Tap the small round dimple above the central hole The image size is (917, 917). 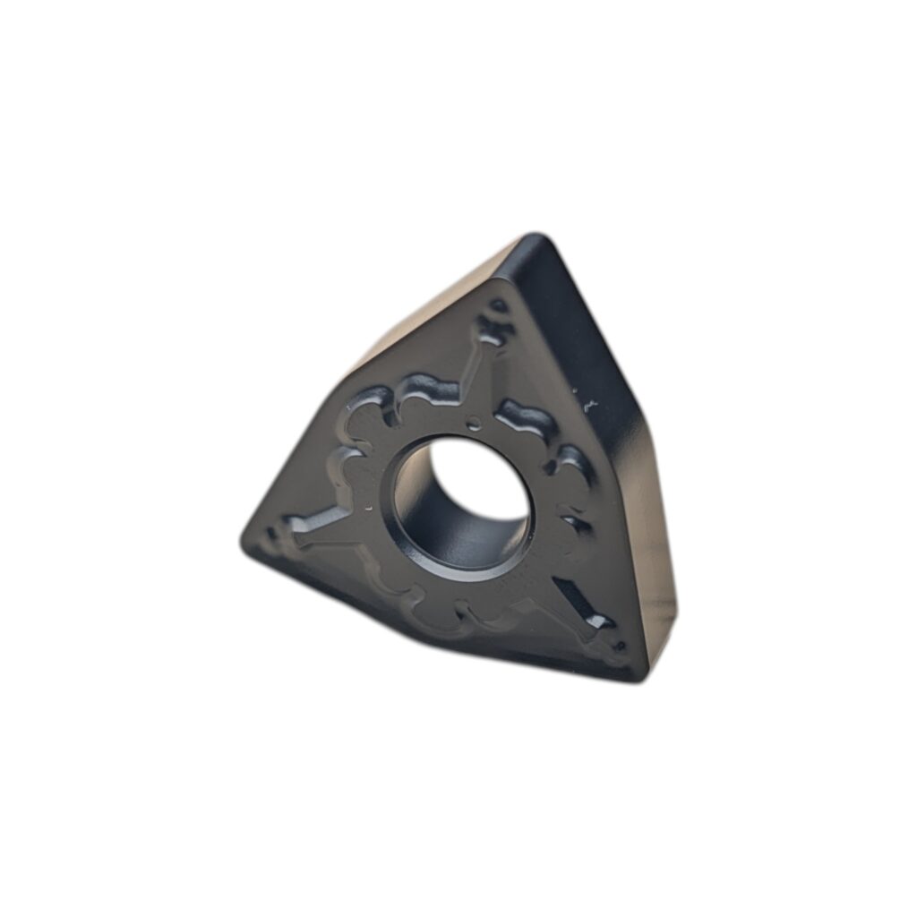(475, 423)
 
